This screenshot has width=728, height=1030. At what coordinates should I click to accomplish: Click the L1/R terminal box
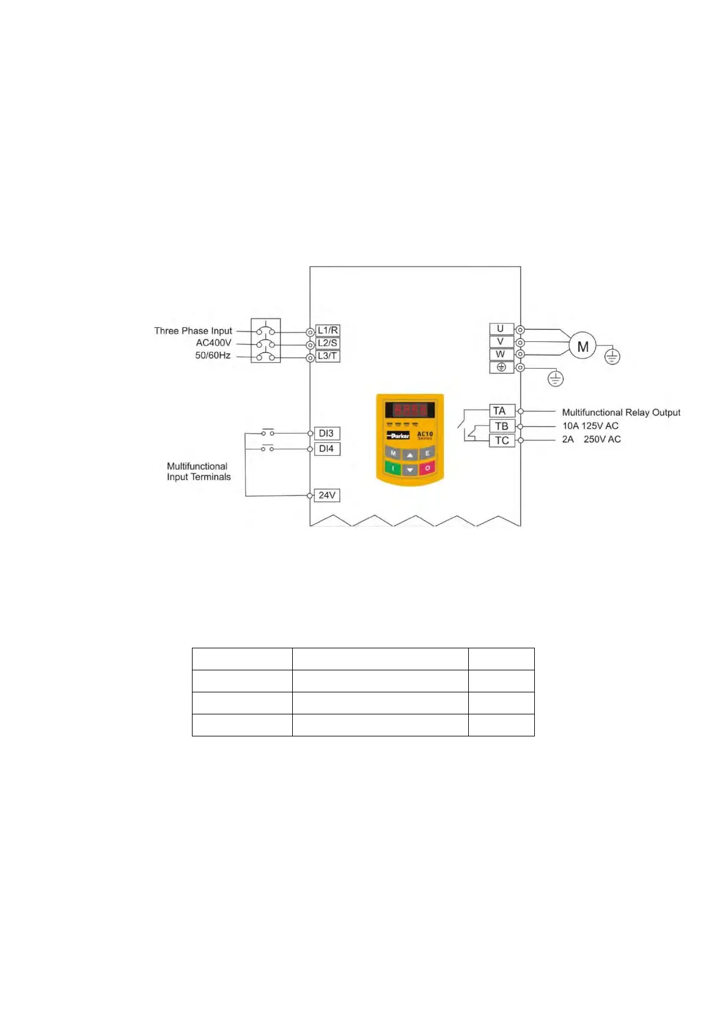328,330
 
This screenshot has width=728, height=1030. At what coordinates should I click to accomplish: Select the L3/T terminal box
328,356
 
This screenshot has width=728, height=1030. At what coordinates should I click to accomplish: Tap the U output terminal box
501,329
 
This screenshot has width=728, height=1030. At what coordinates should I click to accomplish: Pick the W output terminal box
501,354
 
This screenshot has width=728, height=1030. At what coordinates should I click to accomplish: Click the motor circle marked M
583,347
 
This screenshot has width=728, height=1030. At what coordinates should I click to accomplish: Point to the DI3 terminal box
326,434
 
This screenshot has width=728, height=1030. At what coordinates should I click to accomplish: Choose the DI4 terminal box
326,449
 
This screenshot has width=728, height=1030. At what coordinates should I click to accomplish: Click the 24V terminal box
327,495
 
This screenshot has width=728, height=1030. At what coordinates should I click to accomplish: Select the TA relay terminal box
501,411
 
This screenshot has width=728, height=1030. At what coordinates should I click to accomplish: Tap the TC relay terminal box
502,440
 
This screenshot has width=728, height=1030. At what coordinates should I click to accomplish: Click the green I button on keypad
392,469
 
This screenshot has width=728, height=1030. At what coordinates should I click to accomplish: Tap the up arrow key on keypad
410,454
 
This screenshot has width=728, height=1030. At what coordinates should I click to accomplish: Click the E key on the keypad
427,454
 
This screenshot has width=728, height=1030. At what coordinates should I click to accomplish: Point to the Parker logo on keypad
399,435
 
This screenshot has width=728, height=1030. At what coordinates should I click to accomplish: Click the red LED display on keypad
410,409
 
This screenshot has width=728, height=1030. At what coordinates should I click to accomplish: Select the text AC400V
213,343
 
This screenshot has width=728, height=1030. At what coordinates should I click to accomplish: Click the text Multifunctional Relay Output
621,413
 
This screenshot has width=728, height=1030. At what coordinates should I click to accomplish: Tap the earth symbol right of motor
612,357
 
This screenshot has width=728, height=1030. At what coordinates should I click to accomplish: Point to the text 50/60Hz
213,355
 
